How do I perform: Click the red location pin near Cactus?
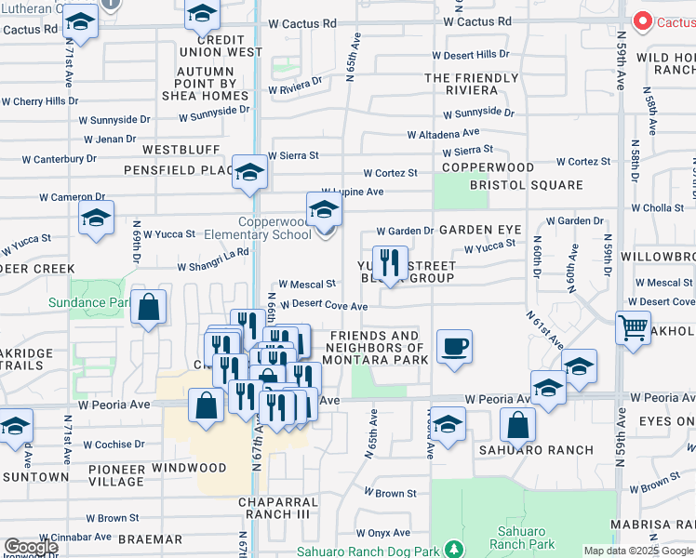(x=642, y=20)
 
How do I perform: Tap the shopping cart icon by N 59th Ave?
(x=633, y=327)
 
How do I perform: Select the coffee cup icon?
(x=454, y=347)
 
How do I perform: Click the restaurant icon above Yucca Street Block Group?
(x=389, y=262)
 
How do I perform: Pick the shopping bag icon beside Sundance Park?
(x=148, y=307)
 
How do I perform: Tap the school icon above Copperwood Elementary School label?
(x=324, y=209)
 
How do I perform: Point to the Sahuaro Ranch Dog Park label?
(x=384, y=551)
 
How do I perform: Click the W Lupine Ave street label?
(x=352, y=192)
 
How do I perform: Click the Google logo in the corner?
(x=30, y=547)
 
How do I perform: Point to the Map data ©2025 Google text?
(x=638, y=551)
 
